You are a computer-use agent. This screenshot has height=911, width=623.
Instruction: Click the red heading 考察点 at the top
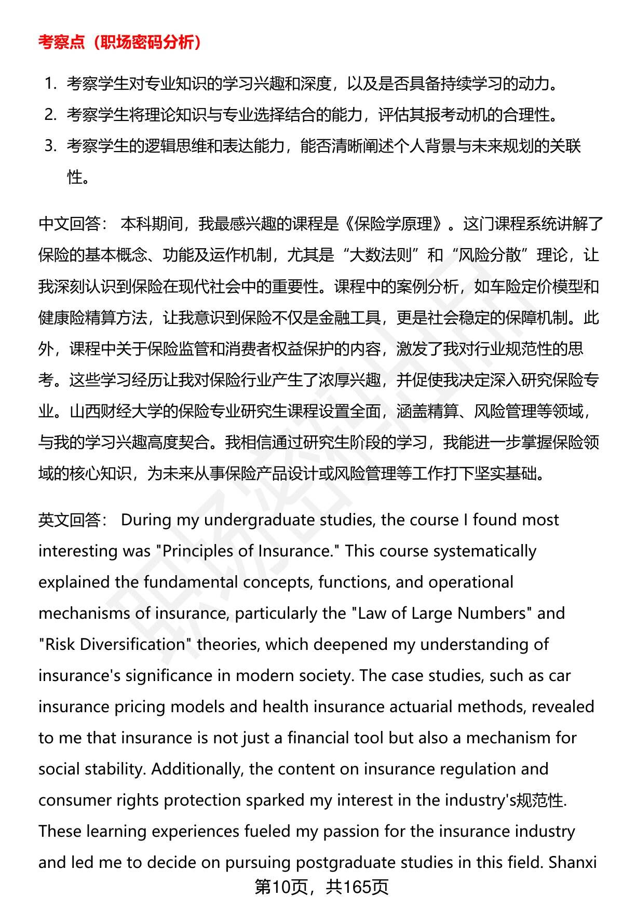61,43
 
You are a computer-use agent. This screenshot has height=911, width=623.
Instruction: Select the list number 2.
50,114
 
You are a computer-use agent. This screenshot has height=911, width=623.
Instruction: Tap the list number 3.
50,146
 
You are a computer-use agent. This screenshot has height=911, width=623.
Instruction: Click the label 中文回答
69,224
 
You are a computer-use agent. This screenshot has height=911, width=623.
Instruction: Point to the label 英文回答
69,520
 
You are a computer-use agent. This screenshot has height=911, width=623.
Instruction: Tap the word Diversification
115,644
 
